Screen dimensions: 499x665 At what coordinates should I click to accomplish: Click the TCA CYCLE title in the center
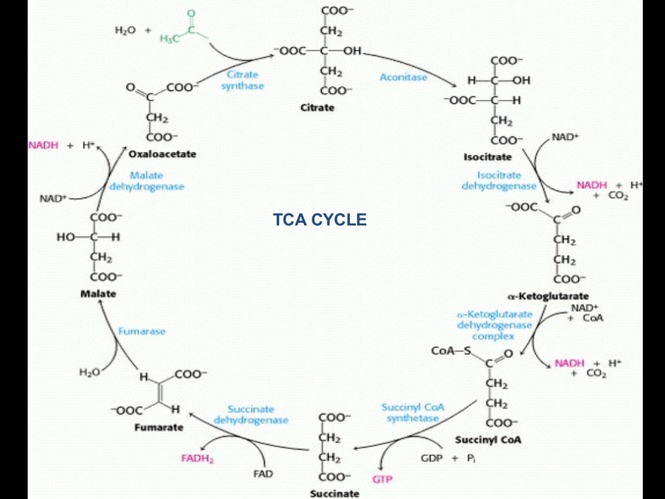click(320, 220)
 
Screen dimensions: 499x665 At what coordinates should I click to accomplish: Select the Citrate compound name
click(317, 107)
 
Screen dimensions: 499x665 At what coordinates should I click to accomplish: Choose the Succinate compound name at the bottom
click(334, 493)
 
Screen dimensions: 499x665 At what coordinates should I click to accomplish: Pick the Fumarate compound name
click(158, 428)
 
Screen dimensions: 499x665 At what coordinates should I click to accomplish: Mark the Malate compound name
click(98, 294)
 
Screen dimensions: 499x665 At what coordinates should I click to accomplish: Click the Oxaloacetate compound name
click(162, 154)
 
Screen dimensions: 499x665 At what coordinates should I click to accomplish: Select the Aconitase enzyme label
click(403, 77)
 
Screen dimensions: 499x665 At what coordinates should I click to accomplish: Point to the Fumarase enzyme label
click(142, 331)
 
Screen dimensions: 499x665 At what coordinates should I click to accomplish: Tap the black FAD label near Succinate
click(262, 473)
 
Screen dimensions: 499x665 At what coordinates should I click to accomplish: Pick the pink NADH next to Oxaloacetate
click(44, 145)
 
